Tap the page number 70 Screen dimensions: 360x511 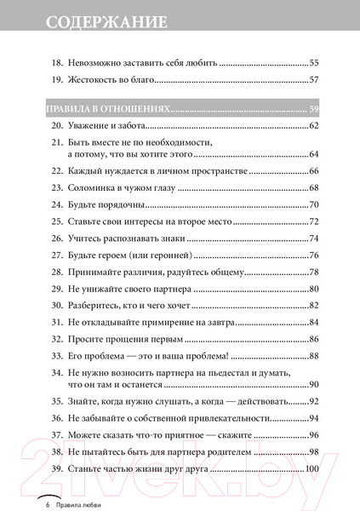point(312,204)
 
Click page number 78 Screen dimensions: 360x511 point(312,272)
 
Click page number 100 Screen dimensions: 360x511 point(311,469)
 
